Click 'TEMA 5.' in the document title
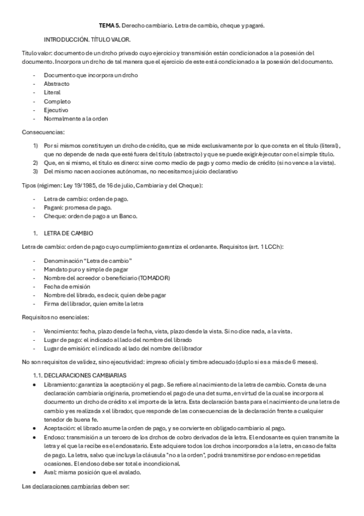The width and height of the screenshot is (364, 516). [109, 26]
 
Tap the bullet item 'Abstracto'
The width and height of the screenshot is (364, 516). [56, 83]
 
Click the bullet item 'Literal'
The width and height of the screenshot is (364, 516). [52, 92]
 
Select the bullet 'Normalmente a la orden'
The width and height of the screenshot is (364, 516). [75, 119]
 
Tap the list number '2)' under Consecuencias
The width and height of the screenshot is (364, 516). [35, 162]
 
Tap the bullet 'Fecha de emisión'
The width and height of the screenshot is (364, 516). [66, 287]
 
